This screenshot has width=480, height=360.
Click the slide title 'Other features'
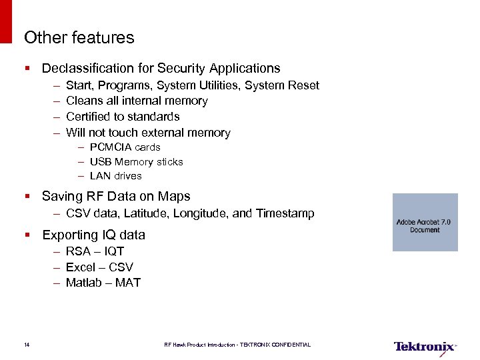pyautogui.click(x=79, y=38)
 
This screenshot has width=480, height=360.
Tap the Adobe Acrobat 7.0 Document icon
pyautogui.click(x=425, y=222)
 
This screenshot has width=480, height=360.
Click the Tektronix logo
pyautogui.click(x=424, y=347)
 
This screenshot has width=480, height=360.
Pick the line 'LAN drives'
pyautogui.click(x=115, y=176)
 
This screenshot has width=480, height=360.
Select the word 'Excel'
pyautogui.click(x=80, y=267)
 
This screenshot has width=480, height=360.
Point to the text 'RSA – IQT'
pyautogui.click(x=95, y=251)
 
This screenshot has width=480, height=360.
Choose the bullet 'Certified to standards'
pyautogui.click(x=123, y=117)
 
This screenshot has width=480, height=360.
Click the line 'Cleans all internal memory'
pyautogui.click(x=137, y=101)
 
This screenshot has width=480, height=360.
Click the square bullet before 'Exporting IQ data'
pyautogui.click(x=27, y=235)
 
